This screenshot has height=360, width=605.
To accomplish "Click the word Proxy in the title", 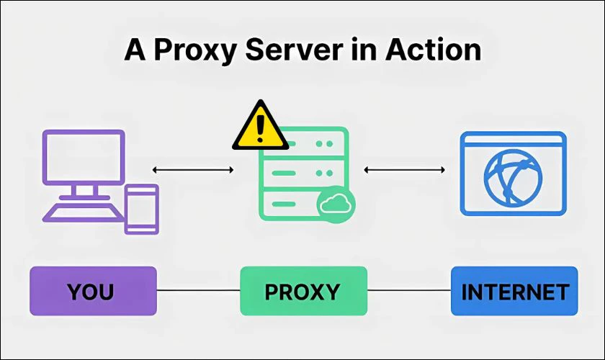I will point(189,51).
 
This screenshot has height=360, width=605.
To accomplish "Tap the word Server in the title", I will point(296,51).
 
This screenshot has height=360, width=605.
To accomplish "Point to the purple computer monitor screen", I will point(84,156).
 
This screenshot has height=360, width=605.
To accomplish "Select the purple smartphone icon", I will point(141,209).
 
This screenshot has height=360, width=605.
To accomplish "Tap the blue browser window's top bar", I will point(513,140).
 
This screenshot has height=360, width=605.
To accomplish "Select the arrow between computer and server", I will point(193,170).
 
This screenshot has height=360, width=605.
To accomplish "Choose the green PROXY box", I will point(302,291).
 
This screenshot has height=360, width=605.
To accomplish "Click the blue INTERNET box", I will point(514,291).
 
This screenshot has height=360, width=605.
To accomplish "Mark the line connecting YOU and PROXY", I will point(198,291).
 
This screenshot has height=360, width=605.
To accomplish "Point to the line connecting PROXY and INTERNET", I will point(408,291).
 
